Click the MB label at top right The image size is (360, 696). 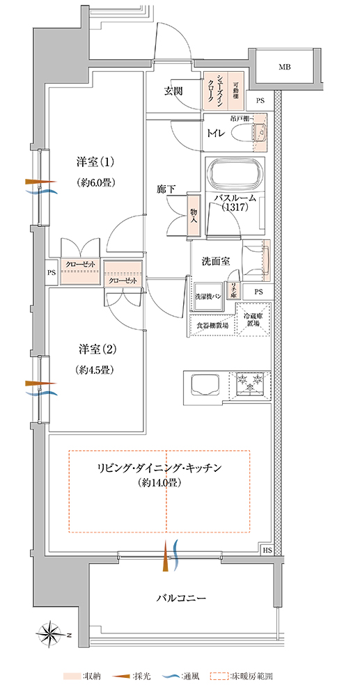[284, 68]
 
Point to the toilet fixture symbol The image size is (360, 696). [246, 132]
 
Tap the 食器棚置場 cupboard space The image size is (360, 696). [212, 324]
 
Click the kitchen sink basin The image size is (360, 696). [204, 385]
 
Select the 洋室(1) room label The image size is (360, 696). [95, 162]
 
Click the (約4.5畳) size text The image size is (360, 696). [95, 370]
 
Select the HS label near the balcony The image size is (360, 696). [267, 550]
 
